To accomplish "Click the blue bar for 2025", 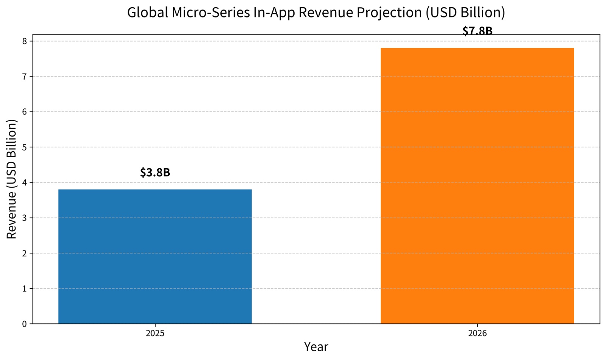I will click(155, 257).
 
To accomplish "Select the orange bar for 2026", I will click(477, 186).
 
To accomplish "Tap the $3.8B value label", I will click(155, 172).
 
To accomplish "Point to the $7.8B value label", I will click(477, 31).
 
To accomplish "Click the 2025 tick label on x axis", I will click(155, 334).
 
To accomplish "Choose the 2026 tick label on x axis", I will click(477, 334).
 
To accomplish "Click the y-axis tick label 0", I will click(25, 324).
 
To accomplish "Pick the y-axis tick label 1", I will click(25, 289).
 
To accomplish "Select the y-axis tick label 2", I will click(25, 253).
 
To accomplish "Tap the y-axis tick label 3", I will click(25, 218).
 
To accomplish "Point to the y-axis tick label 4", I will click(25, 183).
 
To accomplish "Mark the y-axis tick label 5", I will click(25, 147).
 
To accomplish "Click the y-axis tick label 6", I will click(25, 112).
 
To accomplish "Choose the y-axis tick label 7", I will click(25, 77).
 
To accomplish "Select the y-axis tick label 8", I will click(25, 41).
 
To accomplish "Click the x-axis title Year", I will click(316, 347).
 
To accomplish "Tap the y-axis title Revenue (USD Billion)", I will click(12, 179).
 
